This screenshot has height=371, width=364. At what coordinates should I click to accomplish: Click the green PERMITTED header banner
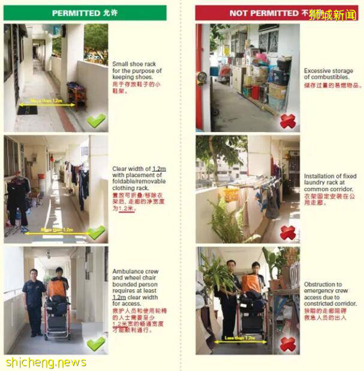coord(85,13)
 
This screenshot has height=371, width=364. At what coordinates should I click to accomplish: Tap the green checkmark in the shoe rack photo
coord(96,121)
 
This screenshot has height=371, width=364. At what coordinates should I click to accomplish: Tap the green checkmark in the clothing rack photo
coord(96,232)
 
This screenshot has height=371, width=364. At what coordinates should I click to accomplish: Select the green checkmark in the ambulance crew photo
coord(96,343)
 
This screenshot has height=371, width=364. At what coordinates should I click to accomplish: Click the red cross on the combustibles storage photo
coord(288,121)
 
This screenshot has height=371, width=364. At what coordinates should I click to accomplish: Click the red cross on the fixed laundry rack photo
coord(288,232)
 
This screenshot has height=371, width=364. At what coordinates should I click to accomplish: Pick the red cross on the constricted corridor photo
coord(288,344)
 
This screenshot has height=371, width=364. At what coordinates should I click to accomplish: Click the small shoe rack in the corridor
coord(76,94)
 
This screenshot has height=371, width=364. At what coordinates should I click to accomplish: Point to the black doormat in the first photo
coord(28,110)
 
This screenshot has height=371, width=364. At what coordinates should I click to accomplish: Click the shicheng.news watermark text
coord(46,363)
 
